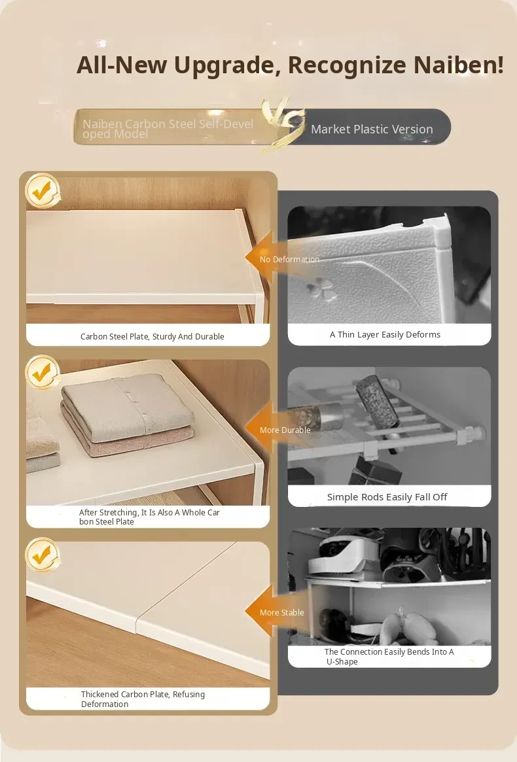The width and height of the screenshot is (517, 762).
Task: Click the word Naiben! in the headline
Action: [459, 65]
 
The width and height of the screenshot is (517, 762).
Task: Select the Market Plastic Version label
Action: [372, 130]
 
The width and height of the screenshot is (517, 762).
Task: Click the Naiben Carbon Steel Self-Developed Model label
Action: [168, 129]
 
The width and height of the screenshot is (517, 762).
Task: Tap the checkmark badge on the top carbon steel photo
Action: [43, 190]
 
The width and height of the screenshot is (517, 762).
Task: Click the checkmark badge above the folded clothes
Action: [43, 372]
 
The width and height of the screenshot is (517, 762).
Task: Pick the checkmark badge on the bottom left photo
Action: [43, 555]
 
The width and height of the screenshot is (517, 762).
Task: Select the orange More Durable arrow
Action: [279, 428]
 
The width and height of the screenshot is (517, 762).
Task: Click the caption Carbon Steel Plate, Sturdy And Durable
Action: [152, 336]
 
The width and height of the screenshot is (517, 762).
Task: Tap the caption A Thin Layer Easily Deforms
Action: [385, 334]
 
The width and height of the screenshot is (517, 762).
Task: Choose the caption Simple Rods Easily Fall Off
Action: [387, 496]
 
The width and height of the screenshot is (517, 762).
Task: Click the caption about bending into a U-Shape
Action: [389, 657]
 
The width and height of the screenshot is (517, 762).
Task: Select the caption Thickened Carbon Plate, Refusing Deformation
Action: [143, 699]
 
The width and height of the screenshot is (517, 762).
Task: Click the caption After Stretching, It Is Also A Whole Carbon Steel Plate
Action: [149, 517]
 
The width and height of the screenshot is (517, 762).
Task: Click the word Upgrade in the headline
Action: [227, 65]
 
